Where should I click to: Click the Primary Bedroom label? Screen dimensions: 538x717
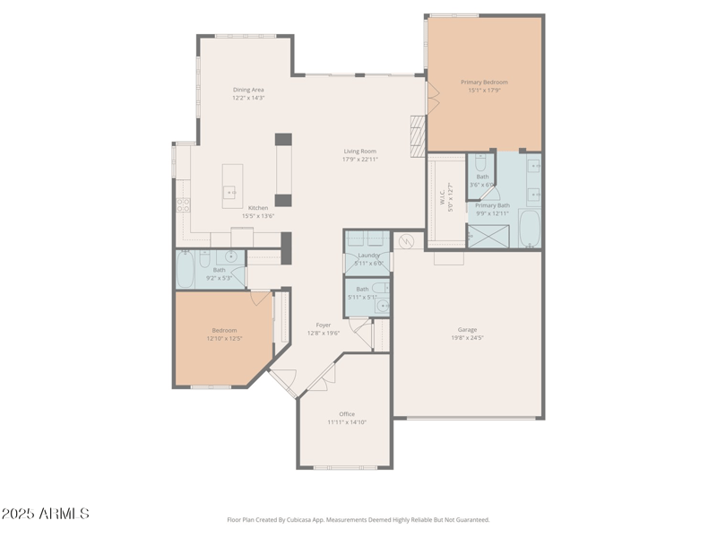[484, 82]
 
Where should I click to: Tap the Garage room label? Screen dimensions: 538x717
[468, 329]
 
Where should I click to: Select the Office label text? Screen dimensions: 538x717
[346, 413]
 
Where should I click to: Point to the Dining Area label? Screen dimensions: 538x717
[248, 89]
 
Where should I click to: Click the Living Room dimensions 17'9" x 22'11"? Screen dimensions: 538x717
[359, 160]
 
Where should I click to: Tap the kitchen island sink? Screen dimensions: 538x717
[229, 192]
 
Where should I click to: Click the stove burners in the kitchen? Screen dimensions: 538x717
[183, 204]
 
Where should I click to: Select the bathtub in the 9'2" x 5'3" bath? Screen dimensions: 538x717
[186, 271]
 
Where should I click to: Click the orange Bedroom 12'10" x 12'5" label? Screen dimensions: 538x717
[224, 330]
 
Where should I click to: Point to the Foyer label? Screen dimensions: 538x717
[324, 325]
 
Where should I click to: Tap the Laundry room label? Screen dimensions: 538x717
[367, 256]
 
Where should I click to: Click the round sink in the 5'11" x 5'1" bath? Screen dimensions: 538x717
[383, 306]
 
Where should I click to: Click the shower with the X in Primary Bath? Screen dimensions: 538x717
[491, 236]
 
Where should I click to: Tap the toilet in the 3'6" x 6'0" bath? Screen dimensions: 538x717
[481, 163]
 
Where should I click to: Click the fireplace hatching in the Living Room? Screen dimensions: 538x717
[417, 136]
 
